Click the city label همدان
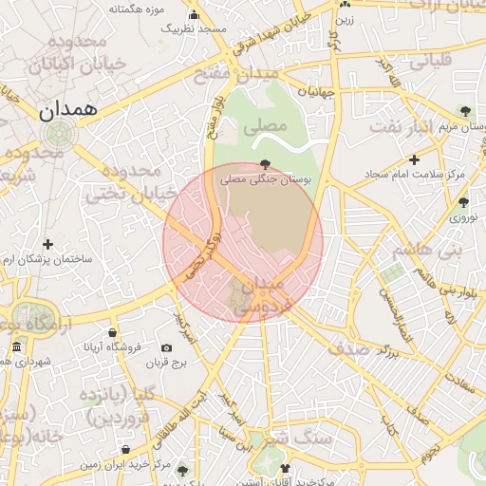click(x=69, y=109)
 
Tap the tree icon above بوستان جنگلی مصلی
click(x=265, y=163)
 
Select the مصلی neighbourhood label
click(x=264, y=124)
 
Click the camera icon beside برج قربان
click(x=166, y=348)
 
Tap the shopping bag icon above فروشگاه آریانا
click(x=113, y=333)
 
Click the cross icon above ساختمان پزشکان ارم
click(x=47, y=245)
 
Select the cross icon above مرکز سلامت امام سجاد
click(x=414, y=159)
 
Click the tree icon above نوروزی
click(x=463, y=201)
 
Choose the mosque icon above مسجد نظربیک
click(x=195, y=14)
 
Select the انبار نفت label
click(x=428, y=126)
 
